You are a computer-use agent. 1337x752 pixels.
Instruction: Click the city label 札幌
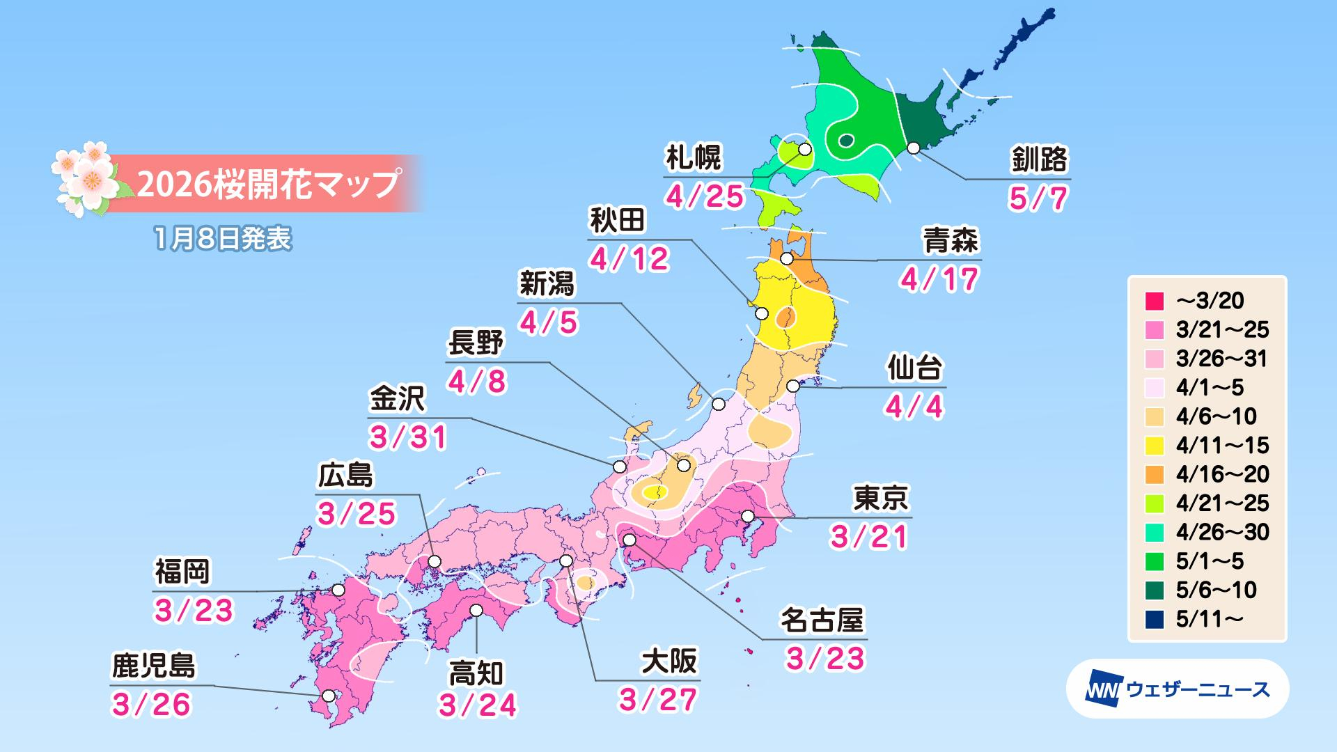tap(694, 159)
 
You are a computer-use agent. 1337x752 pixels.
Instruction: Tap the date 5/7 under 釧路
tap(1038, 199)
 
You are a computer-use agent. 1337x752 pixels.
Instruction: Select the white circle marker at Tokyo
tap(748, 516)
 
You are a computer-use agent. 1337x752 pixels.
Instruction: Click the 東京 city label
tap(880, 498)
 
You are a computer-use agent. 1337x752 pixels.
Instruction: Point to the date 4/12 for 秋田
tap(630, 259)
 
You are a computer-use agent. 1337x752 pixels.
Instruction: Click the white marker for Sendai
tap(792, 386)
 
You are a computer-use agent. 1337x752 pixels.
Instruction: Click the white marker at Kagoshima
tap(328, 695)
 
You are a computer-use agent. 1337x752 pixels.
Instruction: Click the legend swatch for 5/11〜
tap(1154, 619)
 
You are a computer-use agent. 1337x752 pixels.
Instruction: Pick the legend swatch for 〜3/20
tap(1154, 301)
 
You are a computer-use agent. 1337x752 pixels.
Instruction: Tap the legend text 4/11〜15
tap(1222, 445)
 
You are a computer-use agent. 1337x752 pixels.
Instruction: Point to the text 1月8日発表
tap(223, 239)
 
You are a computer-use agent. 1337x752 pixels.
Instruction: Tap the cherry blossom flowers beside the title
tap(84, 178)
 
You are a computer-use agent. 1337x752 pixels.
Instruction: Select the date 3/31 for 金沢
tap(408, 438)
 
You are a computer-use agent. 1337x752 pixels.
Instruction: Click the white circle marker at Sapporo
tap(805, 148)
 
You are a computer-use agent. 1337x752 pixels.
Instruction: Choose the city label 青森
tap(951, 242)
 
